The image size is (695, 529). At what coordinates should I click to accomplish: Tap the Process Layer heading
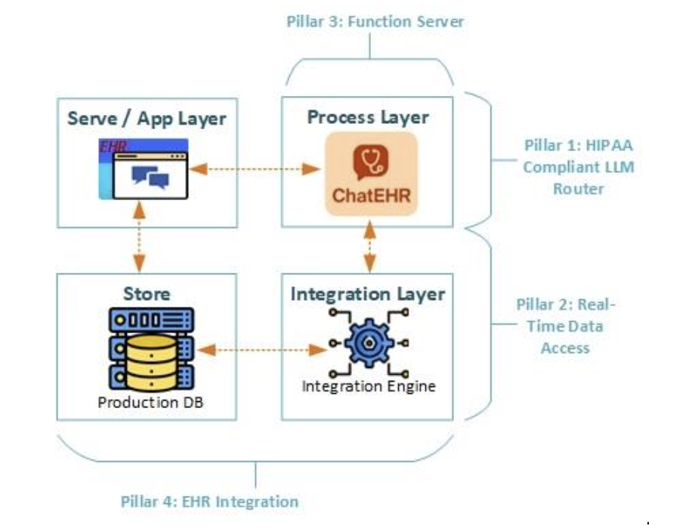pos(368,117)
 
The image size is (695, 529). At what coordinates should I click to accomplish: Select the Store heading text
pos(147,293)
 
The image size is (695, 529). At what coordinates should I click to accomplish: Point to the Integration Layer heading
pos(368,293)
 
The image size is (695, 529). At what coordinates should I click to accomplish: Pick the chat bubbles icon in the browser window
pos(150,177)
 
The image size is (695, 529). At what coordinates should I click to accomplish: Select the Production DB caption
pos(147,402)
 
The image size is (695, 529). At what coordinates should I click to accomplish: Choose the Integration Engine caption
pos(369,387)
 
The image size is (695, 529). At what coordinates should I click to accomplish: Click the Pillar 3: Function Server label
pos(375,21)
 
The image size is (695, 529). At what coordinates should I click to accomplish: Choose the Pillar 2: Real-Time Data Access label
pos(566,326)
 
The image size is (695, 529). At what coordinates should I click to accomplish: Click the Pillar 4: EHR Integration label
pos(209,501)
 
